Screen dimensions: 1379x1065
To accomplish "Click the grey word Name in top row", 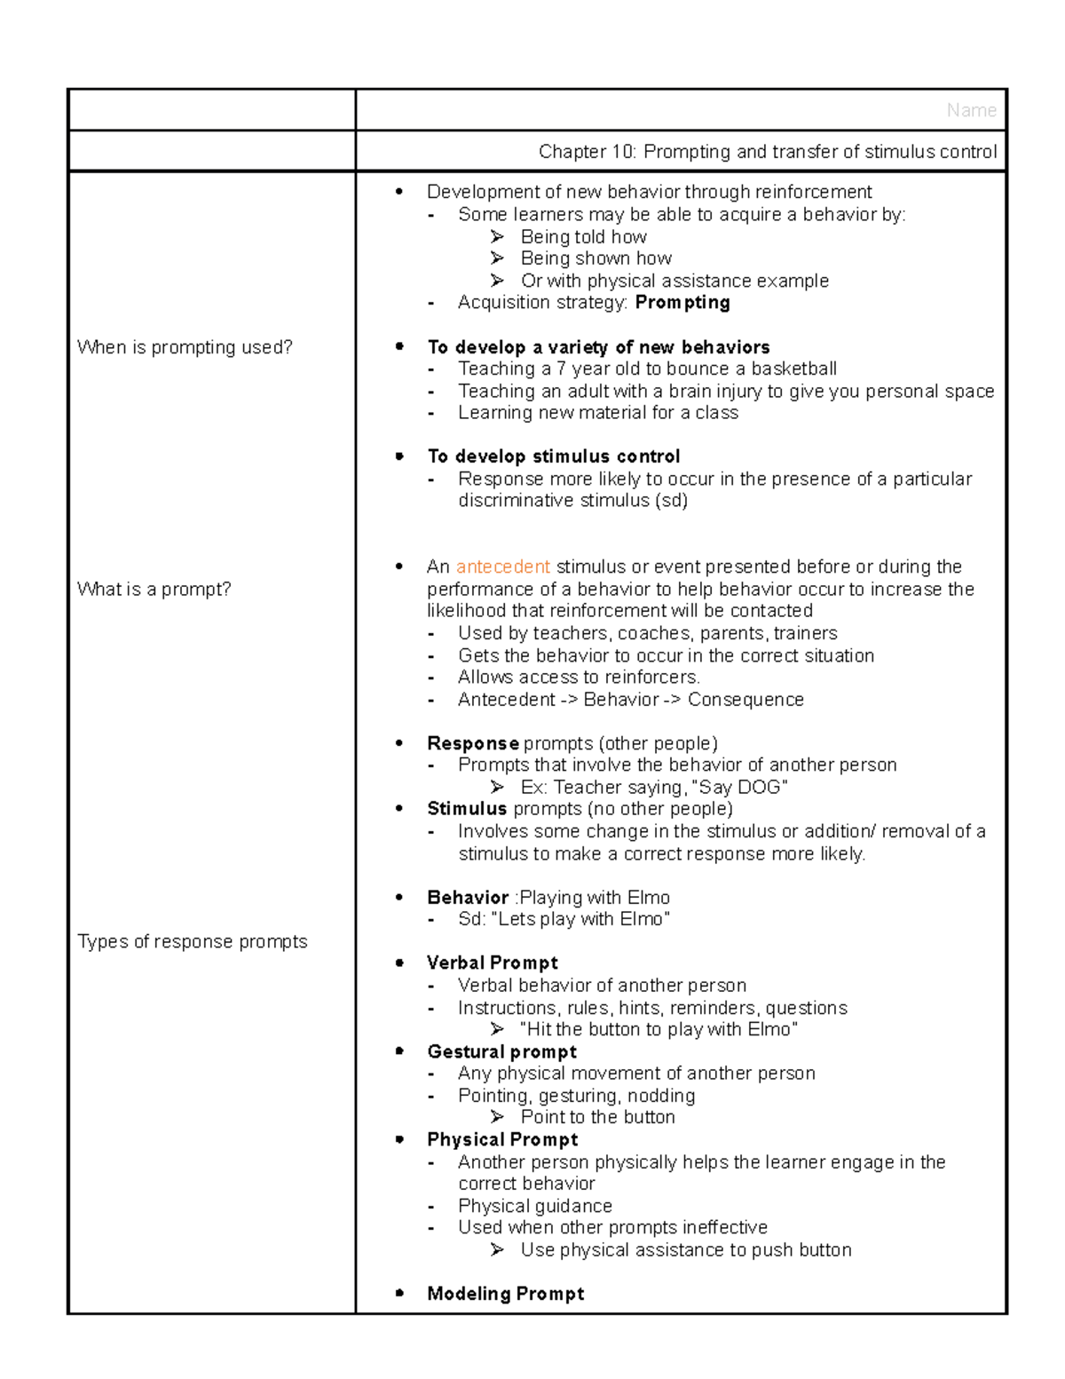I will click(971, 110).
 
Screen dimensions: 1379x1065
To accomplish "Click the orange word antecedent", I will click(502, 567).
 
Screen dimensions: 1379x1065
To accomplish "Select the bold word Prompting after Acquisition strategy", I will click(682, 303).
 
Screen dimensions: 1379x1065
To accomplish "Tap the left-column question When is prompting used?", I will click(185, 347).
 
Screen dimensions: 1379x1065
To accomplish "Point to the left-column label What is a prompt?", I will click(154, 590).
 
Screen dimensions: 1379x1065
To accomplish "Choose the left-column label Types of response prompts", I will click(192, 941).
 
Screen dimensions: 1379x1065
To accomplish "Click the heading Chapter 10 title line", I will click(767, 152).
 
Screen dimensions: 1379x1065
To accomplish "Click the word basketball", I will click(793, 369).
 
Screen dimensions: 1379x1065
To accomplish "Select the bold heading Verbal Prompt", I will click(492, 963).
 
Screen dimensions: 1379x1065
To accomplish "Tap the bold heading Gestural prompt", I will click(501, 1051).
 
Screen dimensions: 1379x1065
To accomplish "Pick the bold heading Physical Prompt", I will click(501, 1139).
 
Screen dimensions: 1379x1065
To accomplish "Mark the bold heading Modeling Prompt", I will click(505, 1294).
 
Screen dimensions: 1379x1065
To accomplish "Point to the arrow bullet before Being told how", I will click(497, 236).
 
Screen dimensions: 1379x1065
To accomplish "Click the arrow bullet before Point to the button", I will click(497, 1117).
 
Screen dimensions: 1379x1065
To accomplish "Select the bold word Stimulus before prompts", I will click(467, 809).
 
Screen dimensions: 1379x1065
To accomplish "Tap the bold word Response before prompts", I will click(472, 743).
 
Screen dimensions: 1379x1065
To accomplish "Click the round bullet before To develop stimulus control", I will click(399, 456).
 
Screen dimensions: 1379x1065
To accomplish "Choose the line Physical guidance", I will click(534, 1206).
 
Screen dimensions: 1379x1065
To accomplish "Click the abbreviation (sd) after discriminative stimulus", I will click(671, 501).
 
